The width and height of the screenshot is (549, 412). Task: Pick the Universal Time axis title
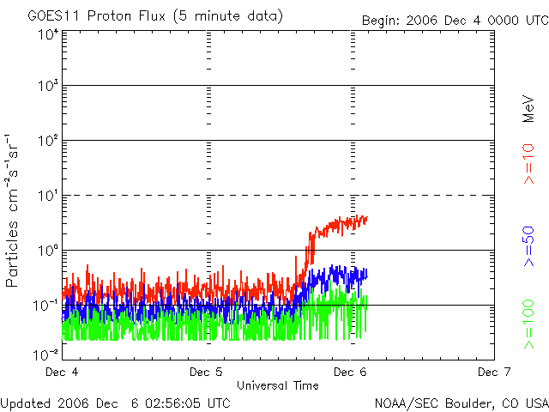278,385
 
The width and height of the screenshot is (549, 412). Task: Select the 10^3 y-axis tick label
47,86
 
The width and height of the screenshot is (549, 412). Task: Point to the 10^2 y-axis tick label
47,140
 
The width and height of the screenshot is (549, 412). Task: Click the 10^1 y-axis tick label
47,195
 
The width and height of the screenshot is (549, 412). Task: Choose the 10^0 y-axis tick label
47,250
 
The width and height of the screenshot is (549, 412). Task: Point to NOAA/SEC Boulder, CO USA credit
461,403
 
